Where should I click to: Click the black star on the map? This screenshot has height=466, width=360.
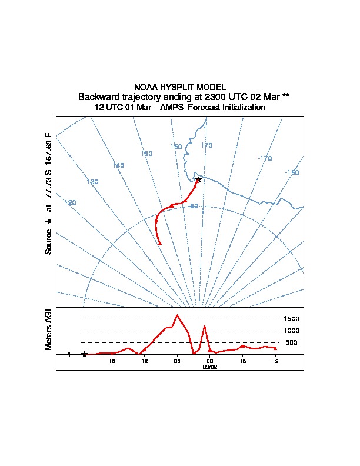(x=198, y=179)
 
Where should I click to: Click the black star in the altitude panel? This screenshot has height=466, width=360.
(x=85, y=354)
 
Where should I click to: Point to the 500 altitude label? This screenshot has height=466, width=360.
(x=291, y=342)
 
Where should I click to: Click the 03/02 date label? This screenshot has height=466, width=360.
(x=210, y=367)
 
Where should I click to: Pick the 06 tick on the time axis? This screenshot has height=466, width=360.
(x=177, y=361)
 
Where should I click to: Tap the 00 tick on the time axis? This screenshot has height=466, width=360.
(x=210, y=361)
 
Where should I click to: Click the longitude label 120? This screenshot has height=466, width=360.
(x=71, y=203)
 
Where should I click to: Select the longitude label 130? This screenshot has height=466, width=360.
(x=92, y=182)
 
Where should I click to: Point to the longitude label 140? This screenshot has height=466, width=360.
(x=118, y=166)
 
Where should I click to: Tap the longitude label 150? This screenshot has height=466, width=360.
(x=146, y=154)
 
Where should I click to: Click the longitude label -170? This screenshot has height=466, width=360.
(x=265, y=158)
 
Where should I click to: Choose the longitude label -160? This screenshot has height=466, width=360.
(x=292, y=172)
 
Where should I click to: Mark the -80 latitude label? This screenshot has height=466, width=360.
(x=193, y=206)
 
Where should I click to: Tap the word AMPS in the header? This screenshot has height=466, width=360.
(x=172, y=108)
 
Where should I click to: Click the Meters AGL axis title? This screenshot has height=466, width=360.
(x=49, y=328)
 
